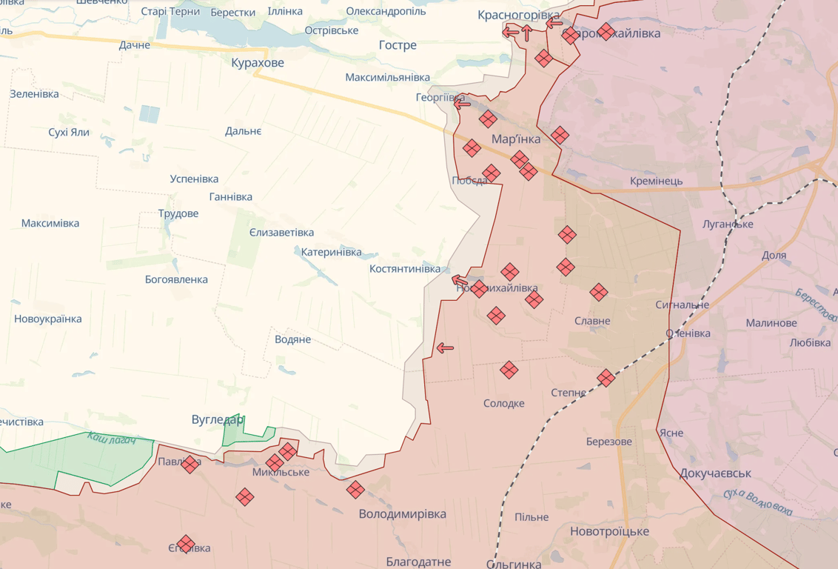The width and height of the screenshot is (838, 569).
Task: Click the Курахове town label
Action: point(257,63)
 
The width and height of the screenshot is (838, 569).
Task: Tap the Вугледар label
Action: point(217,420)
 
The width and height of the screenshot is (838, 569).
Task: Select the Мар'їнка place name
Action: point(515,139)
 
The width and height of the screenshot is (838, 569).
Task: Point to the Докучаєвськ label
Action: point(715,473)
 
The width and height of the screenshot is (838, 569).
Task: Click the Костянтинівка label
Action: point(405,269)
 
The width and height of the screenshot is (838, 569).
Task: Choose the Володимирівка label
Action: point(402,514)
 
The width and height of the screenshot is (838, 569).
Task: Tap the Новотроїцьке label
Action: point(609,531)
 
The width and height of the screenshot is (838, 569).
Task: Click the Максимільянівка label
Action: point(387,78)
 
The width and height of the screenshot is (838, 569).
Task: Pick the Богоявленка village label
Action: point(176,280)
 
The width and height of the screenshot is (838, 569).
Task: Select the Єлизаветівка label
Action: point(281,233)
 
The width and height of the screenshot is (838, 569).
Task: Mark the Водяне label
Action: point(292,339)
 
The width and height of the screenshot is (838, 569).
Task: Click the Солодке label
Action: point(503,403)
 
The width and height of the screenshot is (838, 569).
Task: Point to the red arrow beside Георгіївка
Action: point(463,104)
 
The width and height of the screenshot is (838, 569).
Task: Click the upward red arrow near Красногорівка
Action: point(526,32)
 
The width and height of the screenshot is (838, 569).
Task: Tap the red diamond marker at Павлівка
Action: point(190,465)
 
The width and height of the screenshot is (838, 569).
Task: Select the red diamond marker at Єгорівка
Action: point(185,545)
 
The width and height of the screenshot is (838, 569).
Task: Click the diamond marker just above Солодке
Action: point(509,370)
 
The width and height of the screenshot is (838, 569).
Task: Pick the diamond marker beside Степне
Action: point(606,378)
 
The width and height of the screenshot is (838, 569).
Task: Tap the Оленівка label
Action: point(688,333)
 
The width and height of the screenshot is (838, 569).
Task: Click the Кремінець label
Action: point(656,181)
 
